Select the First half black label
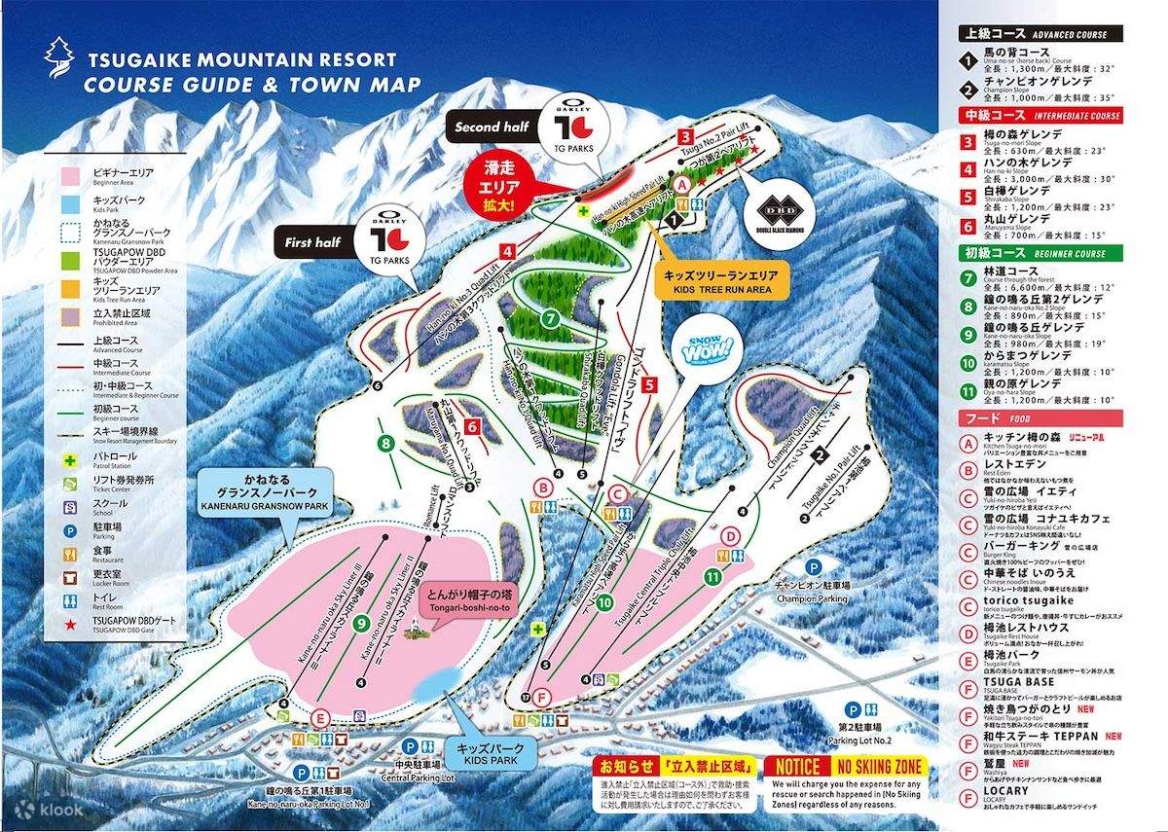[313, 242]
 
